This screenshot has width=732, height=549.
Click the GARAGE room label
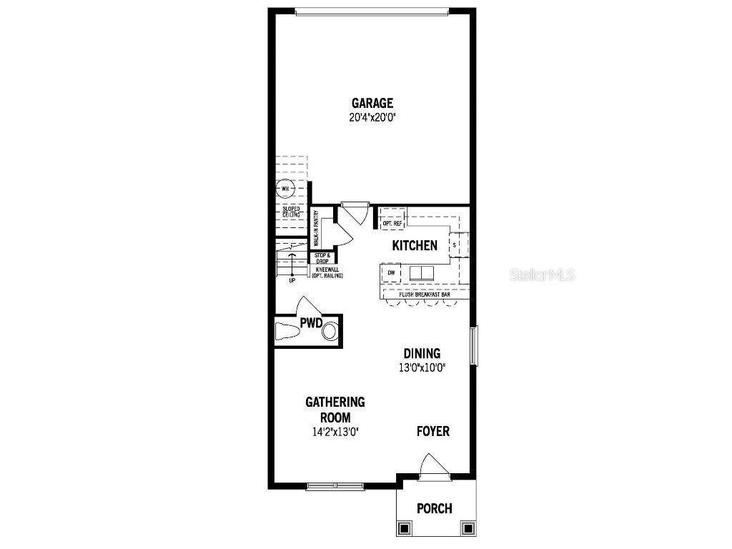[372, 103]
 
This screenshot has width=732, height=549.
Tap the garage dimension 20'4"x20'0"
[372, 118]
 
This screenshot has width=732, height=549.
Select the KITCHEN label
[415, 246]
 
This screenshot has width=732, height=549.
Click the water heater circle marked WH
[285, 189]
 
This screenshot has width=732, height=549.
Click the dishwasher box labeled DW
[391, 272]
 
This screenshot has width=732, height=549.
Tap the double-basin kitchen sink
[421, 272]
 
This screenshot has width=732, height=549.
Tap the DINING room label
[422, 353]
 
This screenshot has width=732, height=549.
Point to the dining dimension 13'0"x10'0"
[422, 369]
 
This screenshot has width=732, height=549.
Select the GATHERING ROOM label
[335, 410]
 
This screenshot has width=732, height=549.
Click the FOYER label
[433, 431]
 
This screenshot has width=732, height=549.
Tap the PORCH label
[435, 509]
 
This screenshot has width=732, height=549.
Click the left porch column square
[404, 529]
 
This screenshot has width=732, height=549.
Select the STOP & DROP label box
[322, 258]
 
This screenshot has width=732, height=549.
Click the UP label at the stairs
[292, 280]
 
